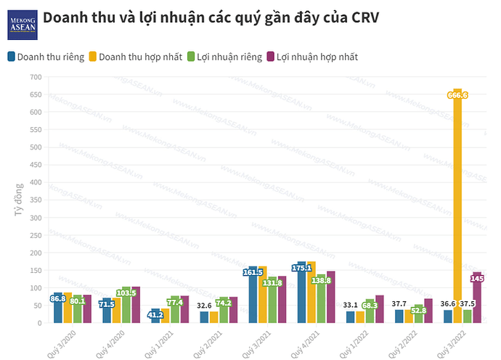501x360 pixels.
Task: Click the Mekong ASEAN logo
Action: [x=22, y=24]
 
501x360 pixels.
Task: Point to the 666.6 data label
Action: [x=457, y=95]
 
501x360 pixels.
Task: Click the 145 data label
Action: [x=477, y=277]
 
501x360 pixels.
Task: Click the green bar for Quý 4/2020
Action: [x=126, y=305]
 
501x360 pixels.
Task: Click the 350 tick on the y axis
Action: [x=36, y=200]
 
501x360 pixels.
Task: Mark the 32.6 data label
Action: [x=205, y=306]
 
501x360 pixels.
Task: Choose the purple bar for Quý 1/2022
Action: [x=380, y=309]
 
